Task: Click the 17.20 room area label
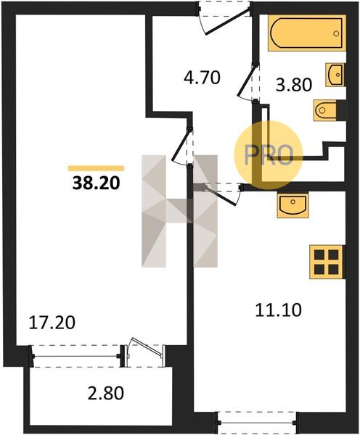tap(52, 323)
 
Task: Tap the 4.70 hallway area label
tap(202, 78)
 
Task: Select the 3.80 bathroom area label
tap(294, 85)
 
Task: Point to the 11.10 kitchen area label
tap(278, 310)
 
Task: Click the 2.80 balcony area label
tap(105, 394)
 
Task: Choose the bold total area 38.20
tap(96, 183)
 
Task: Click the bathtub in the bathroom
tap(307, 33)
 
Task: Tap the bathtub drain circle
tap(336, 34)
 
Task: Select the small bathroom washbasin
tap(335, 75)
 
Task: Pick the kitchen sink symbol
tap(293, 205)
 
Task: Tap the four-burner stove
tap(327, 262)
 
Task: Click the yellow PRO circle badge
tap(269, 155)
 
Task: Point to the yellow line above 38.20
tap(96, 168)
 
